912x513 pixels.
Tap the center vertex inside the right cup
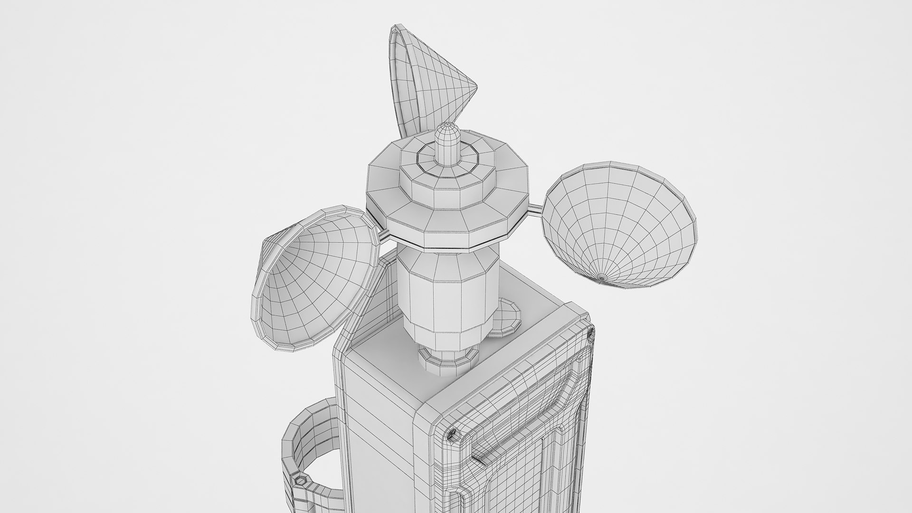[602, 277]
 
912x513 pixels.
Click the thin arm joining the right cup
[536, 207]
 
